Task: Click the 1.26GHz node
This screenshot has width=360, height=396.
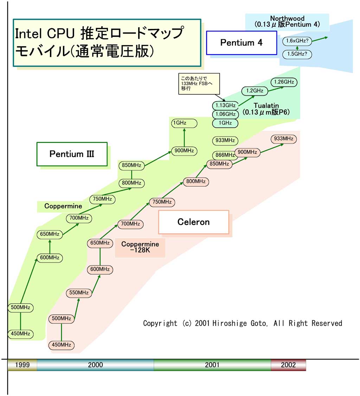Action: [x=284, y=82]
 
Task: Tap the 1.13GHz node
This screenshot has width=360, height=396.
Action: [x=225, y=105]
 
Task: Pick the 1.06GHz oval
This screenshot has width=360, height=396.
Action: [x=225, y=114]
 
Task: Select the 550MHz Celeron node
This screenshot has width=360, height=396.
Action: [x=79, y=293]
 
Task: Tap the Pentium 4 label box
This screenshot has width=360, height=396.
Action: [x=242, y=43]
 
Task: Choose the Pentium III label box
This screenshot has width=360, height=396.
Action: [x=72, y=154]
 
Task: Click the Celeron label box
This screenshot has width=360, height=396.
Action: [x=193, y=222]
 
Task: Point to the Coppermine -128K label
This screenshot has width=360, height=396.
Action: [x=140, y=247]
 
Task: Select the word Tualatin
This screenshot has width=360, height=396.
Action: [x=266, y=106]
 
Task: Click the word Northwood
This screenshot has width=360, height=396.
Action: [x=287, y=18]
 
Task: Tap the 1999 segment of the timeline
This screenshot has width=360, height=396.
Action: [x=22, y=365]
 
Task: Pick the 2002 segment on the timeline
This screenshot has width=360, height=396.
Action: [x=288, y=365]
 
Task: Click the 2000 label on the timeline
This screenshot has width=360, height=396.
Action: [x=95, y=365]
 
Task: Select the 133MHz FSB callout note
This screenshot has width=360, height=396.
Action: [x=199, y=83]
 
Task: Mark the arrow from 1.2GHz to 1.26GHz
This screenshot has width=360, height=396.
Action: [x=275, y=87]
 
